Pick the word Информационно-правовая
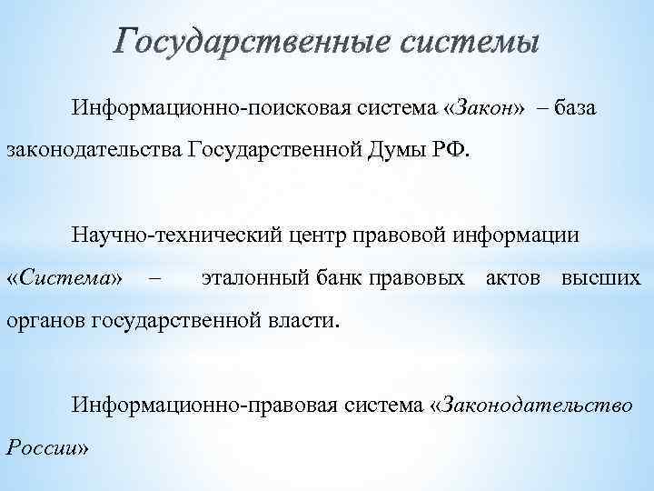point(198,402)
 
